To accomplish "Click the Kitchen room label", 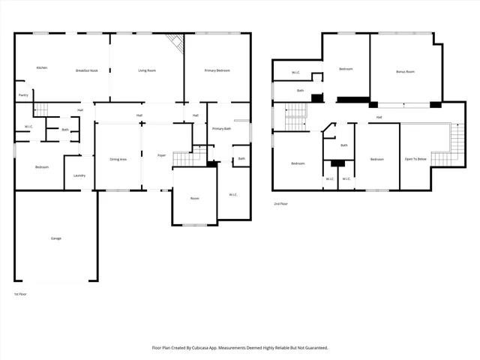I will tap(42, 68).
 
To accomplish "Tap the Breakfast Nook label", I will tap(87, 70).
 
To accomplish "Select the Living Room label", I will tap(146, 70).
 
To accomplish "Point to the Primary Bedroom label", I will tap(216, 70).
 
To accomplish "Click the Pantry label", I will tap(23, 95).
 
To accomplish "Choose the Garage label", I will tap(55, 238).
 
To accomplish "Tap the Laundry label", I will tap(79, 175).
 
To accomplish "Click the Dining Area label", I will tap(118, 159).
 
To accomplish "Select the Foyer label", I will tap(161, 155).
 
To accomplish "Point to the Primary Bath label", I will tap(221, 129).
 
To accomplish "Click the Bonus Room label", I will tap(405, 72).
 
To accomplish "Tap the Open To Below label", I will tap(415, 159).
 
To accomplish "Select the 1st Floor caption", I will tap(21, 293).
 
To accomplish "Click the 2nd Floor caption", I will tap(280, 203).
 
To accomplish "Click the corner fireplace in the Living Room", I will tap(176, 42).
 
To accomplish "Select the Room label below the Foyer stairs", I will tap(194, 198).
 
